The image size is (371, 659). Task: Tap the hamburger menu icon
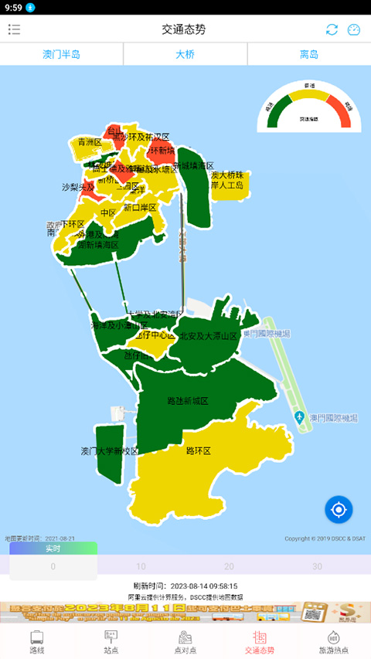[x=14, y=29]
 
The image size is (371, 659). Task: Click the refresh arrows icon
[x=332, y=29]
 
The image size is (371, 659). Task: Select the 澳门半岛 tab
[x=61, y=54]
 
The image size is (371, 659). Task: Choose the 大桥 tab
[x=185, y=54]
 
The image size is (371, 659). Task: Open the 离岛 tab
[x=309, y=54]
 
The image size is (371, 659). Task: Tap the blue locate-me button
[x=339, y=510]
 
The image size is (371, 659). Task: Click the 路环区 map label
[x=199, y=450]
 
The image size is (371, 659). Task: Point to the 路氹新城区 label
[x=188, y=401]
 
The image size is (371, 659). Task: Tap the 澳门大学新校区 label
[x=110, y=450]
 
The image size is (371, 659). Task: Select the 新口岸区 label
[x=140, y=207]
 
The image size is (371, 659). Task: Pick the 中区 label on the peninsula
[x=108, y=212]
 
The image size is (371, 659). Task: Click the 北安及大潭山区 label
[x=209, y=336]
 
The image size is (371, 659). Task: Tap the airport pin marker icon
[x=299, y=418]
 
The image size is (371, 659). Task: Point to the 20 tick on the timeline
[x=229, y=566]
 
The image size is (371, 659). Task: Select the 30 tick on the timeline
[x=317, y=566]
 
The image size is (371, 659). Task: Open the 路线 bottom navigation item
[x=37, y=641]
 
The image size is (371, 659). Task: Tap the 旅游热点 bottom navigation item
[x=334, y=641]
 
